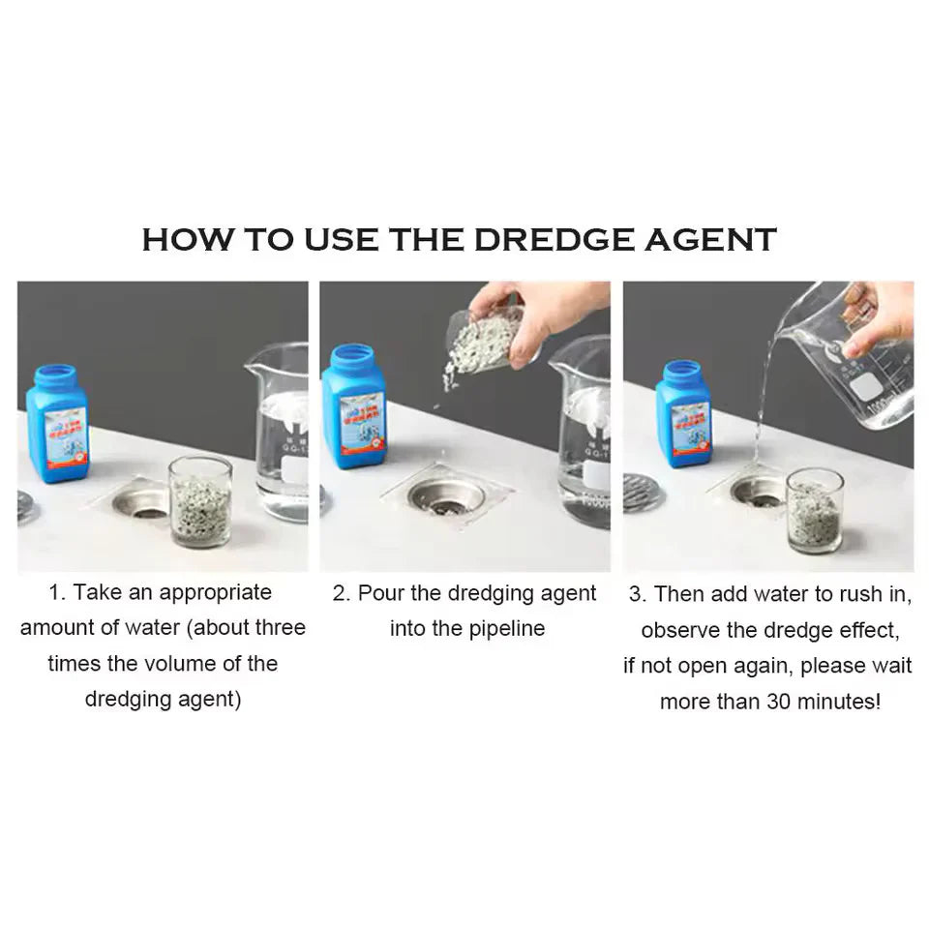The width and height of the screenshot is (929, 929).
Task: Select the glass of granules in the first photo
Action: tap(199, 501)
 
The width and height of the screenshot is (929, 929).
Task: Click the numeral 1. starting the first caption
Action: tap(57, 592)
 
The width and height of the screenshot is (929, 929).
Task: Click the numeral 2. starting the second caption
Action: tap(342, 593)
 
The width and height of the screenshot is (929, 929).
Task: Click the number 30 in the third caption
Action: tap(778, 702)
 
